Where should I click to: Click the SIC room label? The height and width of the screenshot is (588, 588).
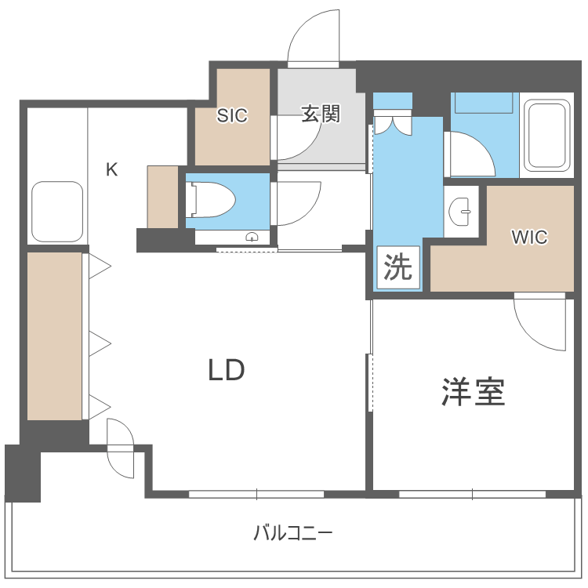tap(232, 116)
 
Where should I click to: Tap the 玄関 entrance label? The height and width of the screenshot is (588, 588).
tap(321, 114)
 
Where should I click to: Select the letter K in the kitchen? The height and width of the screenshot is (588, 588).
tap(112, 169)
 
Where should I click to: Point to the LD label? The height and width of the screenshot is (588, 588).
tap(227, 370)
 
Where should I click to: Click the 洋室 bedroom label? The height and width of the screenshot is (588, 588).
tap(473, 392)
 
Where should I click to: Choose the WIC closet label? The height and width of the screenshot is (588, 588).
tap(529, 238)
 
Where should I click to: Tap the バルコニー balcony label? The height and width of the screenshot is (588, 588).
tap(293, 535)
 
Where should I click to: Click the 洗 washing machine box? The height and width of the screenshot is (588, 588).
tap(397, 268)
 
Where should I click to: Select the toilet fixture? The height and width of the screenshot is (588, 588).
tap(211, 201)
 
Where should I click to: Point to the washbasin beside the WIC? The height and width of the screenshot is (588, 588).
tap(462, 209)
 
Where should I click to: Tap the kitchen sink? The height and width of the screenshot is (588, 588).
tap(56, 212)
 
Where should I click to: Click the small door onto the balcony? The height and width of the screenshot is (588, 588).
tap(121, 448)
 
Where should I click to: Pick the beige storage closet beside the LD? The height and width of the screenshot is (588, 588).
tap(55, 336)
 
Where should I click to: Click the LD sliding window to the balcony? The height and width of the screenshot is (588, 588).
tap(256, 494)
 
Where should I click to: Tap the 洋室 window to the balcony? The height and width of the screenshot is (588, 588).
tap(472, 494)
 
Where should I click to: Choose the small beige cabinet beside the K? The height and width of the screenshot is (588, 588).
tap(162, 197)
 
